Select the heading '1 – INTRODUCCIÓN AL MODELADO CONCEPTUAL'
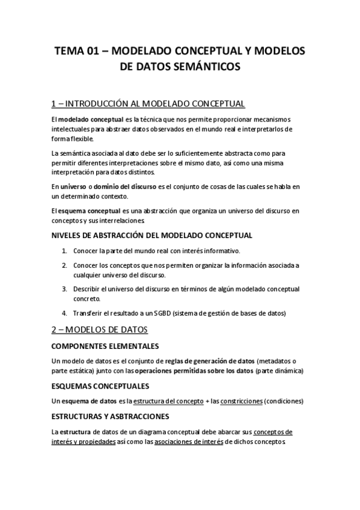coord(148,103)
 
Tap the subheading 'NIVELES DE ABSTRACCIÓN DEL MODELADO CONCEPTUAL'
coord(152,235)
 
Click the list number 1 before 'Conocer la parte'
coord(64,250)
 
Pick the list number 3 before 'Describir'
coord(64,289)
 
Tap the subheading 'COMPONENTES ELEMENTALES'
coord(105,346)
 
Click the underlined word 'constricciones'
coord(240,401)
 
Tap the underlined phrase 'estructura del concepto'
coord(164,401)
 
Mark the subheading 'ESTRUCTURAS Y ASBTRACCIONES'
coord(110,416)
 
